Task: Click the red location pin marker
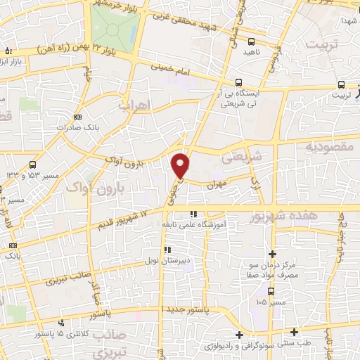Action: click(181, 165)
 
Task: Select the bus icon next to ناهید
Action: click(252, 41)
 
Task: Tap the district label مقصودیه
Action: click(327, 147)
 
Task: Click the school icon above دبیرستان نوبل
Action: click(167, 249)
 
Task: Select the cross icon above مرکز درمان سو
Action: click(273, 254)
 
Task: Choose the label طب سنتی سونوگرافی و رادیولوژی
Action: click(246, 345)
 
